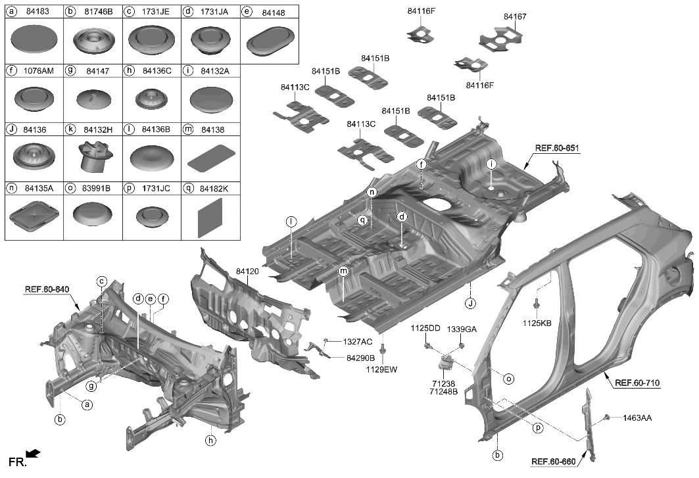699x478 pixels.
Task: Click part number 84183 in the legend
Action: [x=38, y=12]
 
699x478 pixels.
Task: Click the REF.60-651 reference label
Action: [x=556, y=149]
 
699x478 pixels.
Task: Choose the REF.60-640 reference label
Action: [x=47, y=289]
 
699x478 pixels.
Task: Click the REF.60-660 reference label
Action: [x=553, y=462]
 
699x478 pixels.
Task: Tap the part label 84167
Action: [x=515, y=16]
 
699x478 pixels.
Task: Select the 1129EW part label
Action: [x=382, y=370]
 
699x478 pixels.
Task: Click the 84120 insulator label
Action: [x=247, y=271]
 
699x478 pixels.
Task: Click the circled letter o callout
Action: [x=508, y=379]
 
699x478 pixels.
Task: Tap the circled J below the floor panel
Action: [x=470, y=303]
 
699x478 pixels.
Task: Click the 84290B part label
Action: [x=360, y=358]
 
